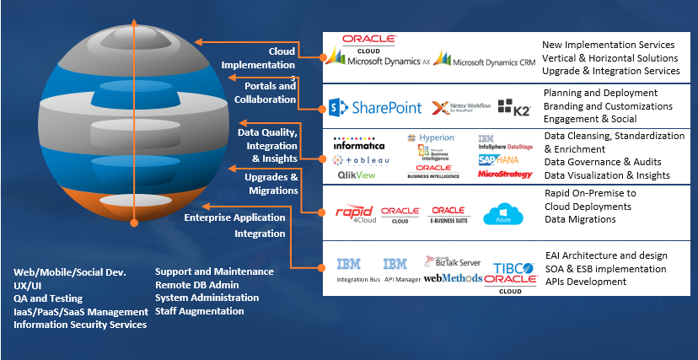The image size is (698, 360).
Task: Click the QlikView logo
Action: tap(357, 175)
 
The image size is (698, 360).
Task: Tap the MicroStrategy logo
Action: tap(505, 175)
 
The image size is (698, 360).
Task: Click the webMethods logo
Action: tap(453, 277)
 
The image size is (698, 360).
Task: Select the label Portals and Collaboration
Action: tap(270, 93)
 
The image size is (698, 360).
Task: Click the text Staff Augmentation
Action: tap(200, 311)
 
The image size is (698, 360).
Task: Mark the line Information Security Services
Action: tap(80, 325)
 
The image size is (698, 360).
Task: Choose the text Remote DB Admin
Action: tap(196, 285)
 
